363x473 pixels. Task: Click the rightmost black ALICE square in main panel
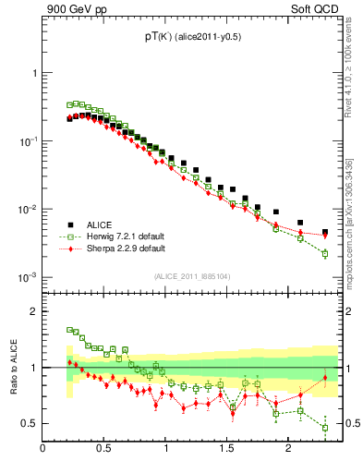[x=325, y=232]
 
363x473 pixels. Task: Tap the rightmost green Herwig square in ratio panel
[x=325, y=427]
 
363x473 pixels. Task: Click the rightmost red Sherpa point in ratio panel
[x=325, y=378]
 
